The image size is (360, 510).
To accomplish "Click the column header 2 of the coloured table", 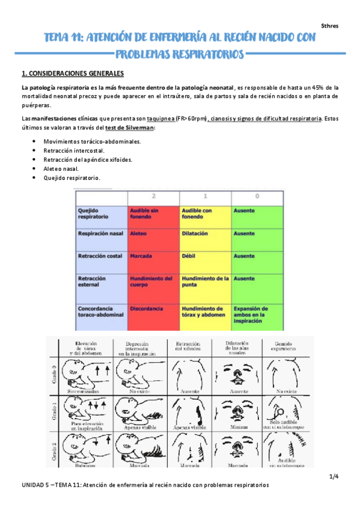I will click(x=153, y=197).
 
